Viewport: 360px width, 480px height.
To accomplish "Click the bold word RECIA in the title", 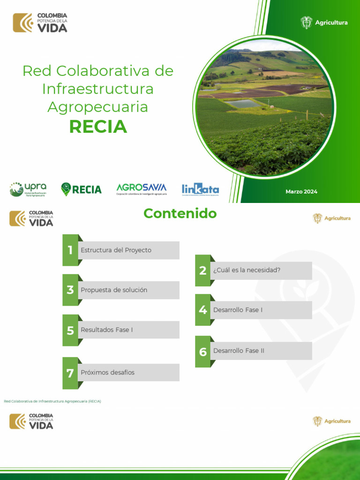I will pos(98,127).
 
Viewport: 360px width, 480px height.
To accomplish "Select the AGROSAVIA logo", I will pos(141,189).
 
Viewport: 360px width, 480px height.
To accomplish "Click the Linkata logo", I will pos(200,189).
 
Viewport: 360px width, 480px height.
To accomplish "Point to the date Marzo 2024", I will pos(301,192).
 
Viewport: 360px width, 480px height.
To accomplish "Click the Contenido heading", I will pos(180,213).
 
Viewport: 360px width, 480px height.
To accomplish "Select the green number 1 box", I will pos(70,250).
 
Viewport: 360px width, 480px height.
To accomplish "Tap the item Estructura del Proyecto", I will pos(116,250).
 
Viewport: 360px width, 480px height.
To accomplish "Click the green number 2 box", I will pos(203,270).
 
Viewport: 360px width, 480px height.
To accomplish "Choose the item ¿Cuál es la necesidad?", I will pos(247,270).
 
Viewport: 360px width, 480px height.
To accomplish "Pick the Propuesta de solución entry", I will pos(114,290).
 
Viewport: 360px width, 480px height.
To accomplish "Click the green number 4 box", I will pos(203,310).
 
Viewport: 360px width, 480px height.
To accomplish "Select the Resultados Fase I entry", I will pos(107,330).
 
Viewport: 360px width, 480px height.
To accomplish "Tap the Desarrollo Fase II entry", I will pos(239,351).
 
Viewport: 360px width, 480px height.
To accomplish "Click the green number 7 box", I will pos(70,373).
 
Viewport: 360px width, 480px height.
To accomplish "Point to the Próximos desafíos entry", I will pos(107,373).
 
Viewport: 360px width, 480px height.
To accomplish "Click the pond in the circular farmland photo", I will pos(244,104).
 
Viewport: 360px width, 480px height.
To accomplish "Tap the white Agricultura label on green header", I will pos(331,22).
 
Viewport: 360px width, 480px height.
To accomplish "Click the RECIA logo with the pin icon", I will pos(81,189).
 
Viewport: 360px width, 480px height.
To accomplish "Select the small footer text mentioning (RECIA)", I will pos(52,402).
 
